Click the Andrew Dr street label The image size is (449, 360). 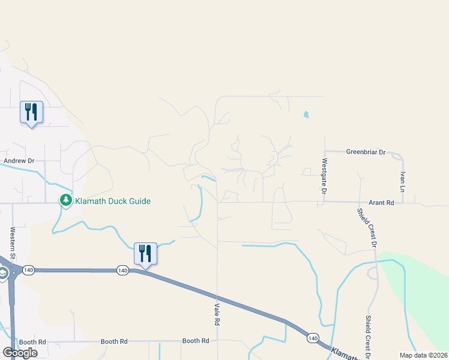[20, 161]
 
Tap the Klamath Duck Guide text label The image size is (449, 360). [113, 201]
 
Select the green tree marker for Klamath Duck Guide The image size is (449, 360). [65, 200]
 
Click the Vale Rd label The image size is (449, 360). [215, 314]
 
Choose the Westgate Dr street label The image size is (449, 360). [324, 176]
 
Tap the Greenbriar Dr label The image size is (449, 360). [366, 152]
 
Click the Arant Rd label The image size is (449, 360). [381, 203]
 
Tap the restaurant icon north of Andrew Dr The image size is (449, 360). [31, 112]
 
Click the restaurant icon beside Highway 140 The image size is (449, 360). [145, 253]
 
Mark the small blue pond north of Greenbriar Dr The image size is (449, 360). [306, 114]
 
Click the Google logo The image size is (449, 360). [20, 353]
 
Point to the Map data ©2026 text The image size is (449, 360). [424, 355]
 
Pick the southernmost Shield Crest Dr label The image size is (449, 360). [367, 337]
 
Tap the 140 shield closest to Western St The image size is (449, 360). [28, 271]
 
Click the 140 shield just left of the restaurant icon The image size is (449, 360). [122, 271]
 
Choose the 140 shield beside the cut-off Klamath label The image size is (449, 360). [312, 339]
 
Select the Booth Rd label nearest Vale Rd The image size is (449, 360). [196, 341]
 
